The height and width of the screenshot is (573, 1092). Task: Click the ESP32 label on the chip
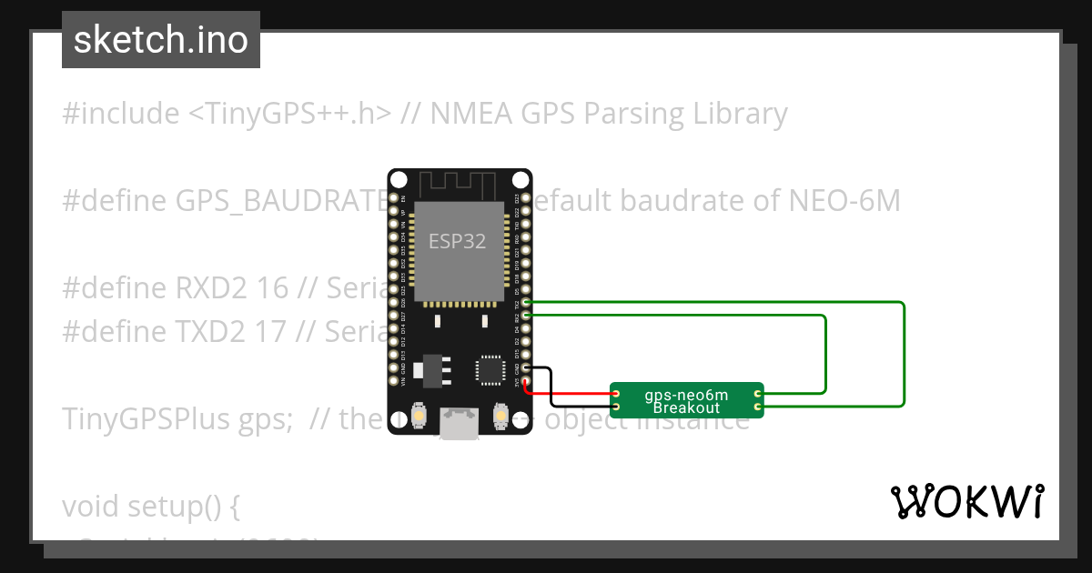pyautogui.click(x=458, y=242)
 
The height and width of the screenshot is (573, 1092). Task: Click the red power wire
pyautogui.click(x=573, y=394)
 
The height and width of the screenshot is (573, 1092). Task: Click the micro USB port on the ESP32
pyautogui.click(x=459, y=423)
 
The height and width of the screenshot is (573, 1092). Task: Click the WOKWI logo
pyautogui.click(x=966, y=501)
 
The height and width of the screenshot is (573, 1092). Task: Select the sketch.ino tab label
pyautogui.click(x=161, y=40)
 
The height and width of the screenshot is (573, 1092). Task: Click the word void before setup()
pyautogui.click(x=91, y=506)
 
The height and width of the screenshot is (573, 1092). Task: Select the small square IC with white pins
pyautogui.click(x=490, y=369)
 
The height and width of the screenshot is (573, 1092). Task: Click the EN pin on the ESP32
pyautogui.click(x=393, y=197)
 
